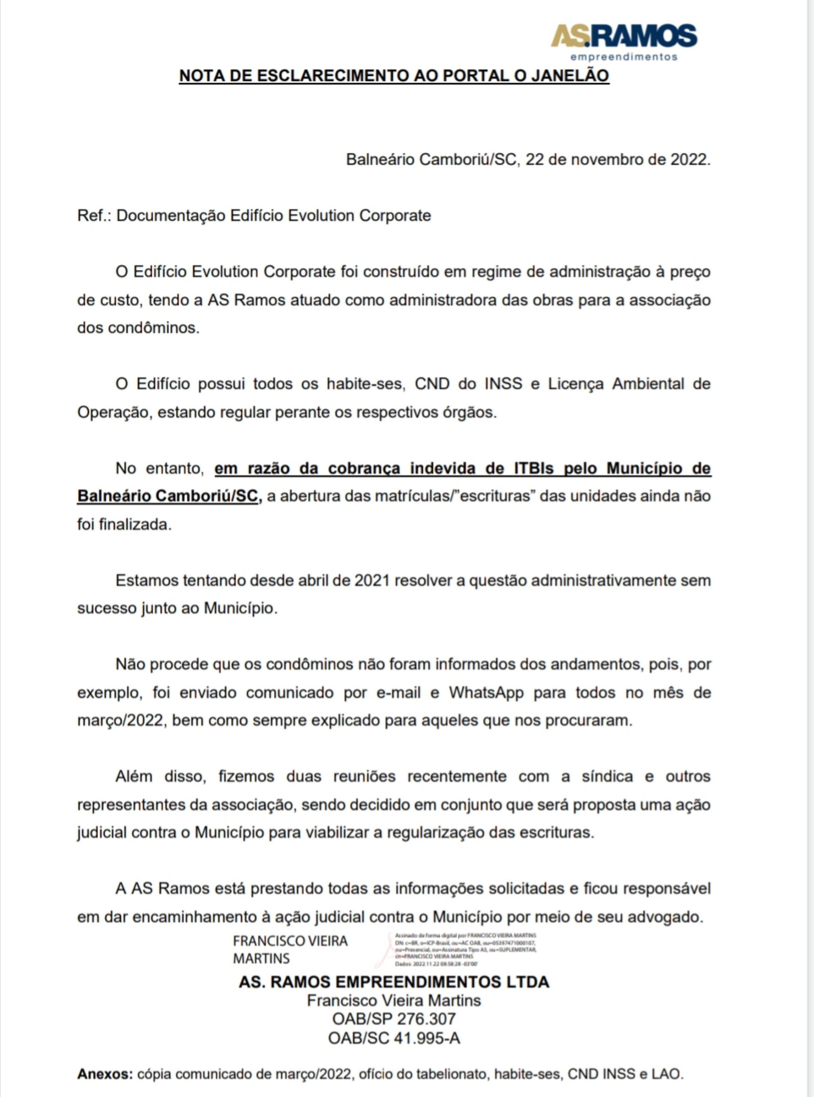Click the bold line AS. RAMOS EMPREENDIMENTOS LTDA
pyautogui.click(x=394, y=982)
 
